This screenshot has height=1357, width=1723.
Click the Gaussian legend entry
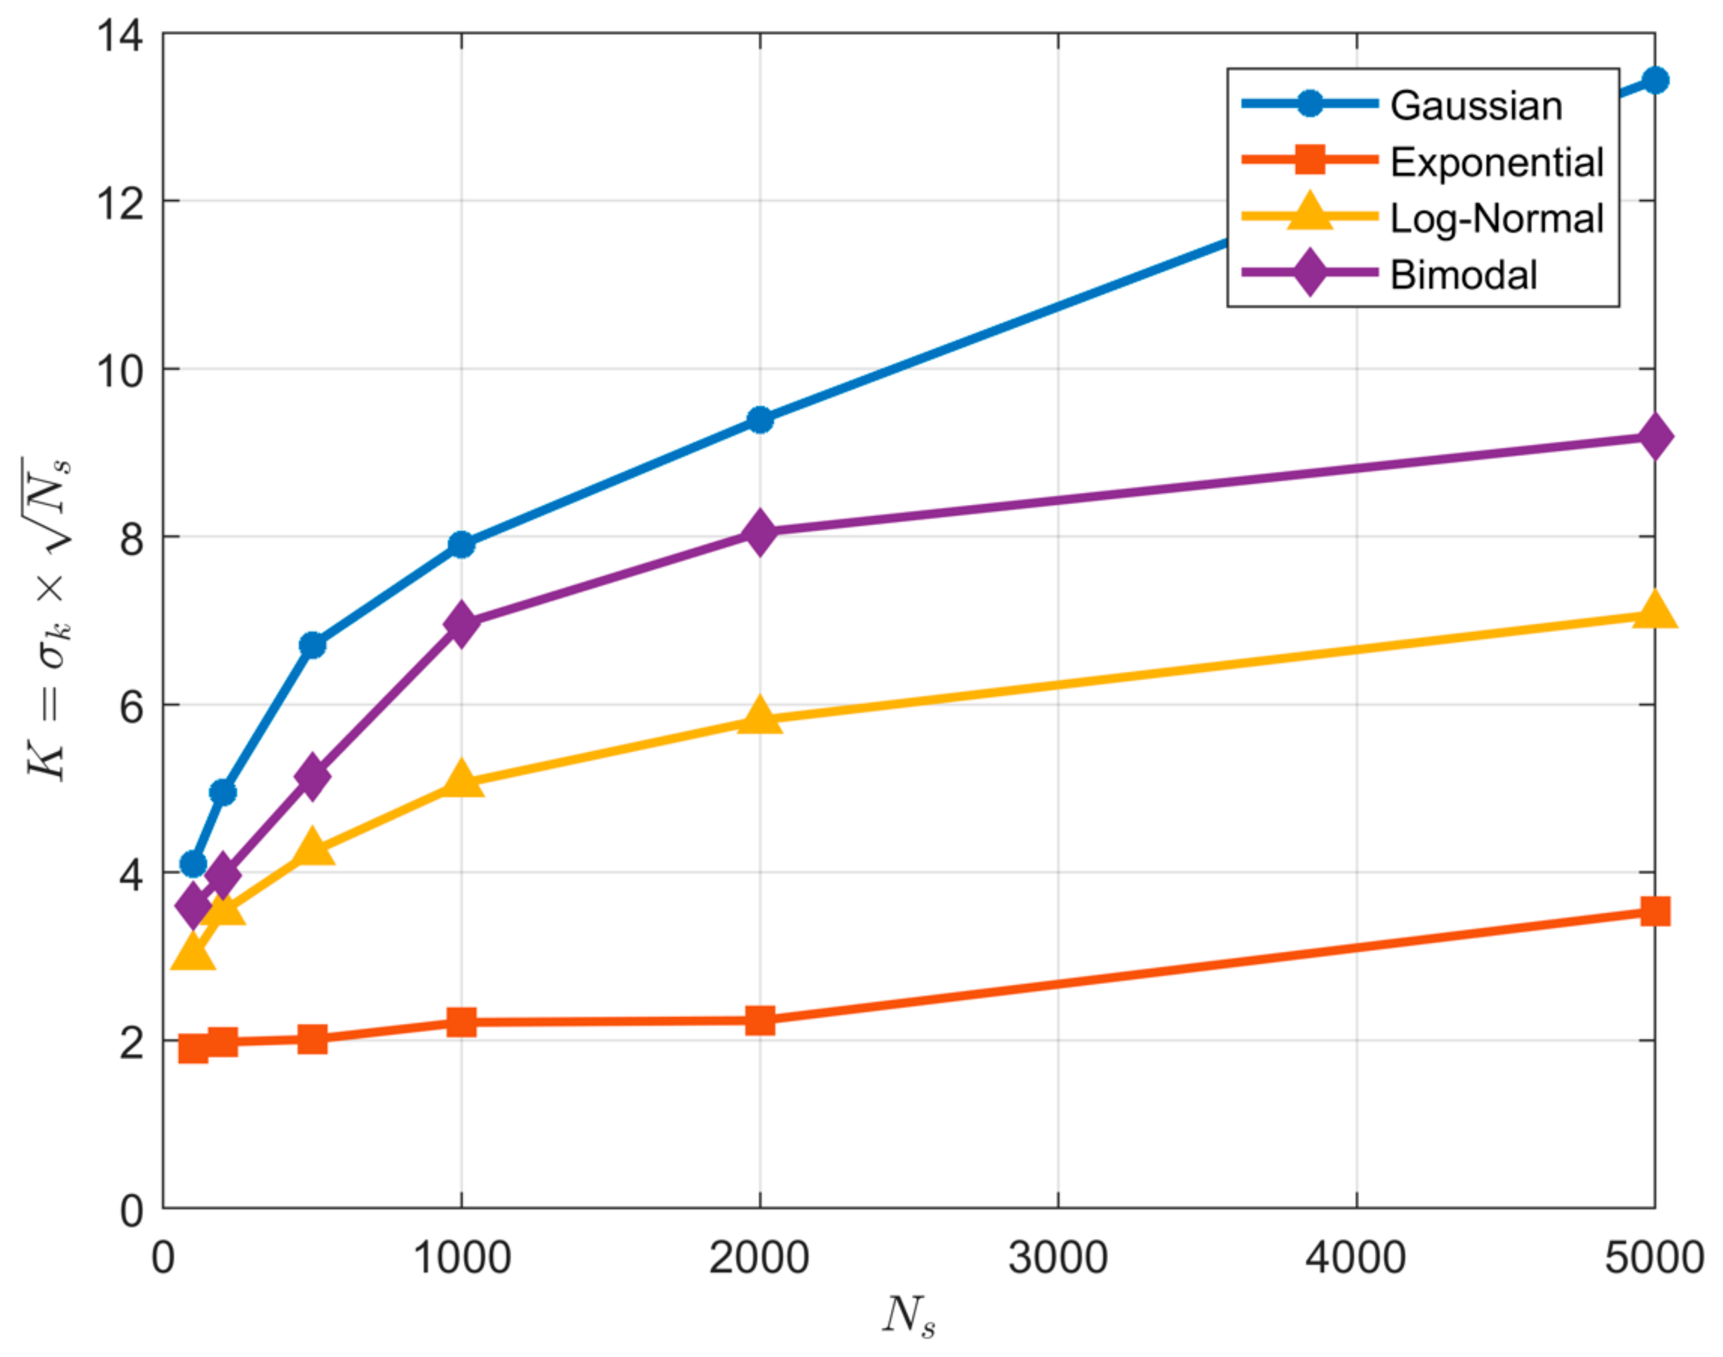click(1475, 106)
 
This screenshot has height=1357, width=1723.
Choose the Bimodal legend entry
click(1463, 275)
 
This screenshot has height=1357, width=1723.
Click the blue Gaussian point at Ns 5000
click(1655, 80)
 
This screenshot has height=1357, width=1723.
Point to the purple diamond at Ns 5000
click(1655, 437)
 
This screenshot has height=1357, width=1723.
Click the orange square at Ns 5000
click(1655, 911)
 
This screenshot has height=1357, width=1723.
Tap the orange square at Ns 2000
click(760, 1020)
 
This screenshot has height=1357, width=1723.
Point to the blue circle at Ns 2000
click(760, 419)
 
